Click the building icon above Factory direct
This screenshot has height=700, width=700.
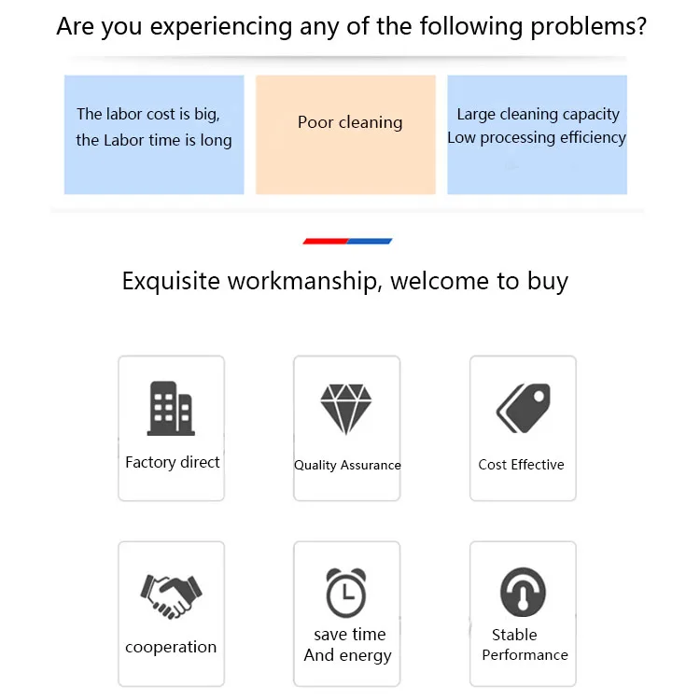tap(172, 408)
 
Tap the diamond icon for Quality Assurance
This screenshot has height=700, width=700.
tap(346, 408)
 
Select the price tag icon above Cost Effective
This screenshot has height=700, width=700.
tap(523, 408)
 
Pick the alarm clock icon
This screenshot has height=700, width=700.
tap(346, 592)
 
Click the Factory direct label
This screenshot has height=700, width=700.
tap(173, 462)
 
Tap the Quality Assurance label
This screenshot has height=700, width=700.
tap(347, 465)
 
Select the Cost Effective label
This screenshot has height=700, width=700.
tap(521, 464)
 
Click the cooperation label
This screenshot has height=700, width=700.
tap(171, 647)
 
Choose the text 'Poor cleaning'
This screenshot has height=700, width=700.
tap(350, 122)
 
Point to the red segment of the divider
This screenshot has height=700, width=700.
tap(326, 241)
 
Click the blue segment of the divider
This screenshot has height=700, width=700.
tap(370, 241)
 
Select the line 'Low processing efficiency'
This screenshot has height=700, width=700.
tap(537, 137)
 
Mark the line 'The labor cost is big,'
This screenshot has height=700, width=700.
tap(148, 114)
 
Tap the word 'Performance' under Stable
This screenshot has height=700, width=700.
tap(525, 654)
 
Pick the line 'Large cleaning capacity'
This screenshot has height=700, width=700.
tap(538, 114)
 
